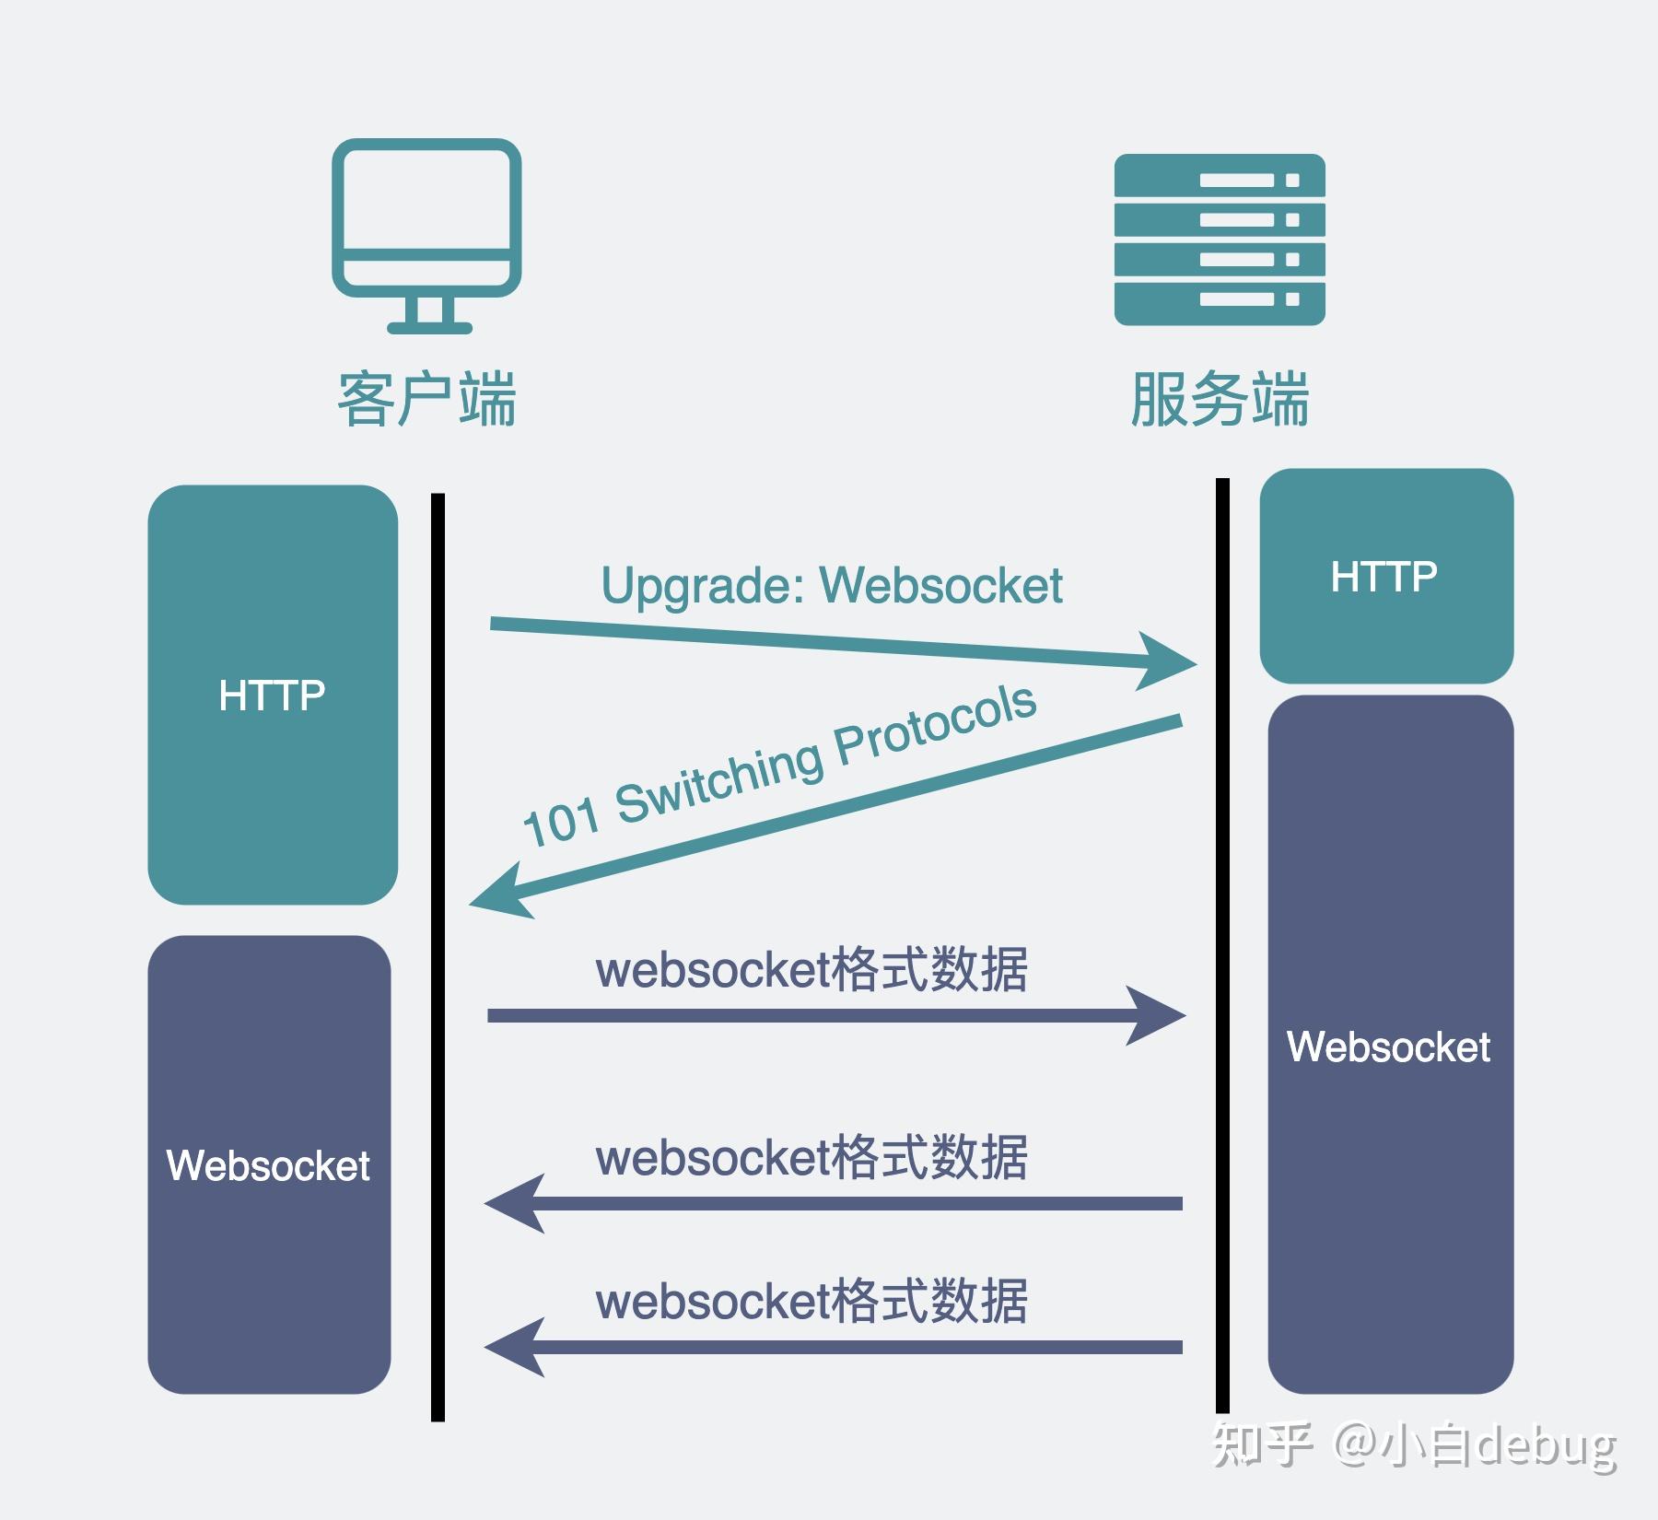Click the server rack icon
coord(1219,240)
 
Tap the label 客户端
coord(426,400)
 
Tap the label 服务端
coord(1219,400)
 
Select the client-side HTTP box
coord(273,695)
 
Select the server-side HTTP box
coord(1385,577)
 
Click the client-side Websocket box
coord(269,1165)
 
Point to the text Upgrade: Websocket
coord(831,585)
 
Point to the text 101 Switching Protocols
coord(779,766)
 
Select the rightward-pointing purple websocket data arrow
coord(829,1015)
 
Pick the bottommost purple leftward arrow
coord(829,1347)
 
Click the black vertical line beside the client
coord(438,958)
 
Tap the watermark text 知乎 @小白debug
coord(1413,1444)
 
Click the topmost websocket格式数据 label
coord(811,969)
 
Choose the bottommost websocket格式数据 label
coord(811,1301)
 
